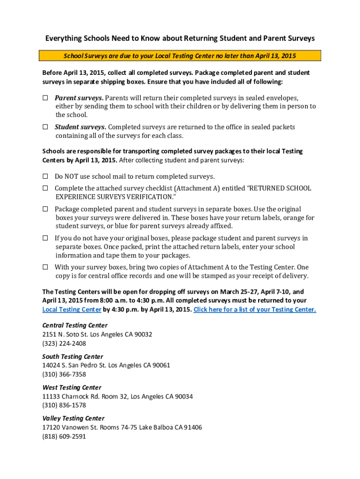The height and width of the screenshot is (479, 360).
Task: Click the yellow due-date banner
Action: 180,56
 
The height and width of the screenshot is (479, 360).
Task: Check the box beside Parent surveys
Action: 45,98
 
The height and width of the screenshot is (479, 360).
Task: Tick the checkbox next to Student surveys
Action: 45,127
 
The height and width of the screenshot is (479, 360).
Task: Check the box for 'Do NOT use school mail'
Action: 45,176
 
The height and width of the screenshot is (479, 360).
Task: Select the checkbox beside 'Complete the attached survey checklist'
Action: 45,188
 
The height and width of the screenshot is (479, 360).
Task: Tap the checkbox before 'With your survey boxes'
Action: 45,267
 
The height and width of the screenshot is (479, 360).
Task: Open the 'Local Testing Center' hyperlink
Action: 72,309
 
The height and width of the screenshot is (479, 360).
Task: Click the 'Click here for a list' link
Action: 255,309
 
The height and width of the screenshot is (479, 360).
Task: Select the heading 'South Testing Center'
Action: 72,356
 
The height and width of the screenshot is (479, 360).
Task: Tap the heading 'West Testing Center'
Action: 72,387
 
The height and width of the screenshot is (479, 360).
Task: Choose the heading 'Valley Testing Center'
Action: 73,418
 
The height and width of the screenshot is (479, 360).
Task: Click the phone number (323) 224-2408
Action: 64,343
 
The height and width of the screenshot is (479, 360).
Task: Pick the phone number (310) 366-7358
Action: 64,374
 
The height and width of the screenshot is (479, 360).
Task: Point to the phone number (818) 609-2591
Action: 64,436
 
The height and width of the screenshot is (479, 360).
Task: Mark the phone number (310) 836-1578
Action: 64,405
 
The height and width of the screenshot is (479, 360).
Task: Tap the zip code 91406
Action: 193,428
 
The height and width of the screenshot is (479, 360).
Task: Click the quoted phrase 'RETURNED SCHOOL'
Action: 279,188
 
